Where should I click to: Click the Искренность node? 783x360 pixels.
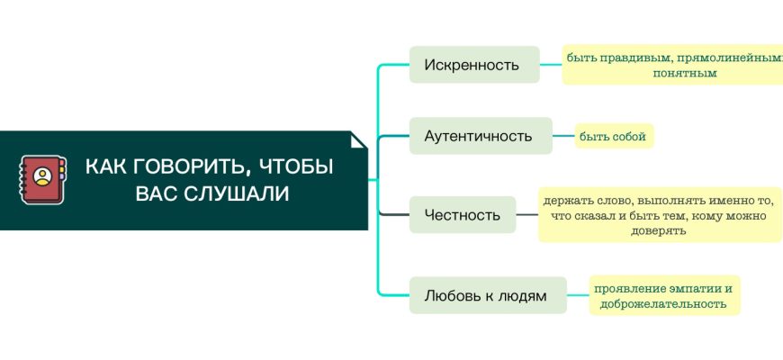[474, 65]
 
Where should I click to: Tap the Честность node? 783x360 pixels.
[463, 214]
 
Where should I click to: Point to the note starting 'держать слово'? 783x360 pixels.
[660, 214]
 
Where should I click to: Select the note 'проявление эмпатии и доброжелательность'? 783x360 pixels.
[664, 295]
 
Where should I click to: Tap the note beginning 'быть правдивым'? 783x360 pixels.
[673, 65]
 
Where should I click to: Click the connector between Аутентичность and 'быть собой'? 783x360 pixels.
[563, 136]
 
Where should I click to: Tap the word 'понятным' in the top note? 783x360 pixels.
[685, 73]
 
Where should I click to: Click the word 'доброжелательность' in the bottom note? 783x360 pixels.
[664, 303]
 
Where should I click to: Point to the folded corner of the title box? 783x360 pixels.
[359, 140]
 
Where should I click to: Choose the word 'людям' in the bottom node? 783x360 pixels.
[521, 295]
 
